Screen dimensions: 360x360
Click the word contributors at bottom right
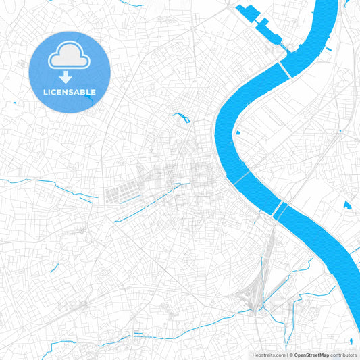click(x=344, y=355)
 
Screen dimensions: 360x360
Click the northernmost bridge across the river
click(x=284, y=68)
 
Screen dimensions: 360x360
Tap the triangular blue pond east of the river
click(x=347, y=205)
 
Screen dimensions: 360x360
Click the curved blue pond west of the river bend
click(x=181, y=118)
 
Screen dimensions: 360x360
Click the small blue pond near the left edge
click(x=14, y=103)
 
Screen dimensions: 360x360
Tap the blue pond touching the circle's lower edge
click(x=88, y=99)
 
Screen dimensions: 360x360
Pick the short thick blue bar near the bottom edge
click(x=138, y=333)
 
